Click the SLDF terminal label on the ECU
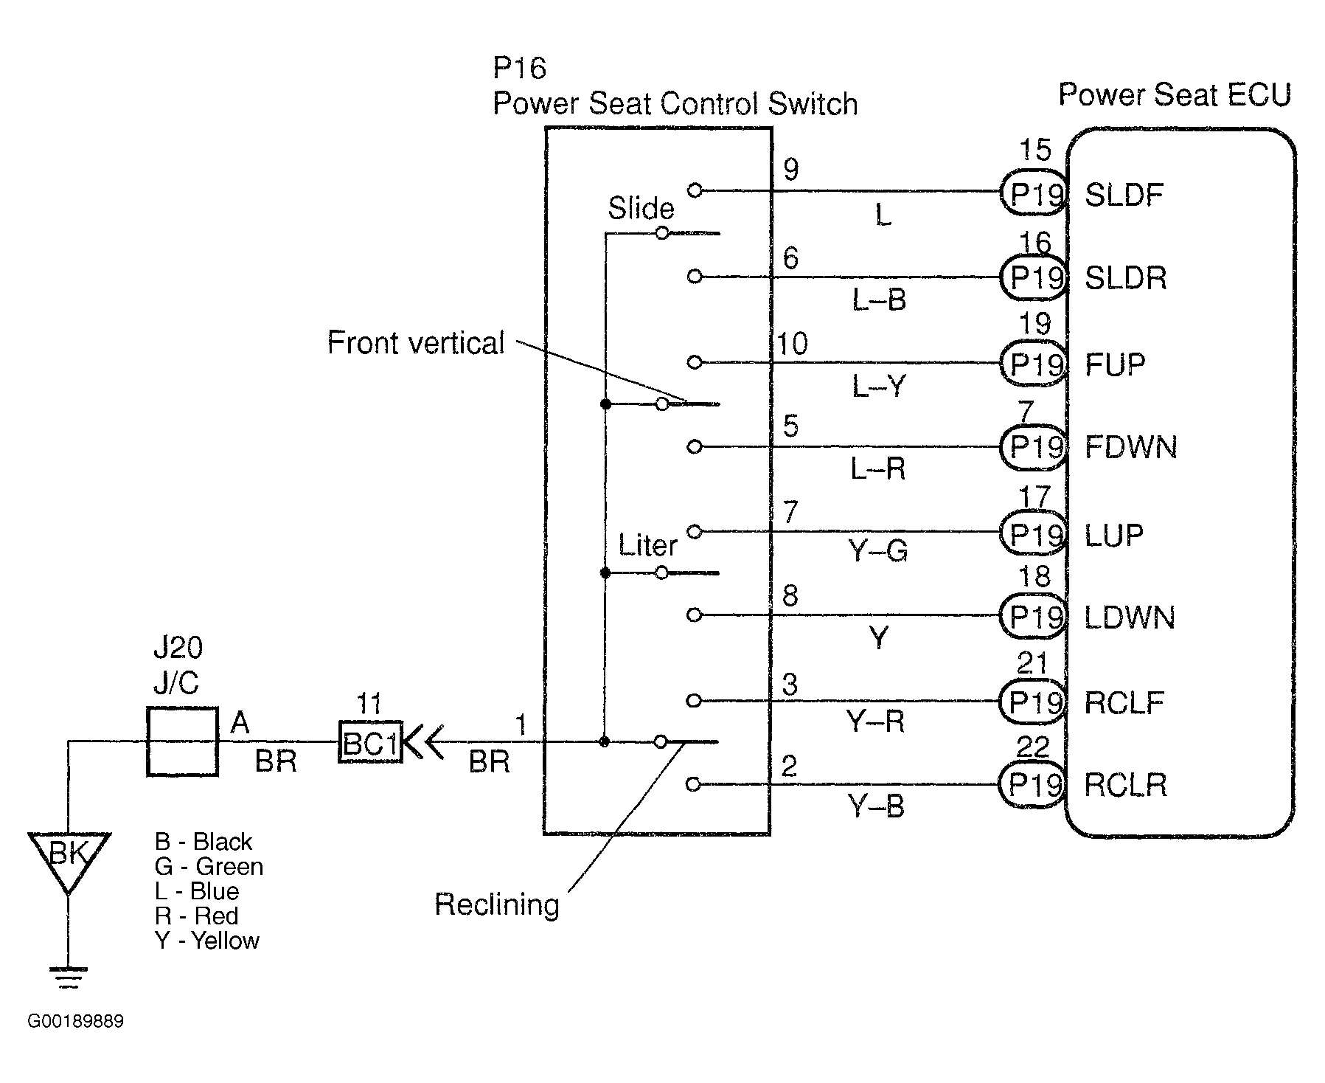coord(1124,195)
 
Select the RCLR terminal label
coord(1126,785)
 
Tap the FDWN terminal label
coord(1130,447)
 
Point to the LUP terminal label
coord(1114,534)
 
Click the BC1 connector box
coord(369,742)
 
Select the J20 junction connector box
coord(182,741)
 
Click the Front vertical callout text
coord(416,343)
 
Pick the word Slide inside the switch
coord(641,209)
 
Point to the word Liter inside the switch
coord(647,546)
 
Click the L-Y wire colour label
coord(877,386)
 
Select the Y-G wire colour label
coord(877,550)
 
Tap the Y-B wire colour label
coord(876,806)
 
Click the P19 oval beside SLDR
coord(1034,277)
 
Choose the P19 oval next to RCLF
coord(1033,702)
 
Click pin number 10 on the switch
coord(793,344)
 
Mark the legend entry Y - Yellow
coord(207,941)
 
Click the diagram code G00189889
coord(76,1022)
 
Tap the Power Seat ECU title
coord(1175,95)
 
